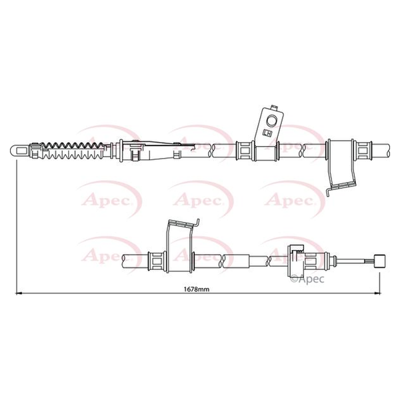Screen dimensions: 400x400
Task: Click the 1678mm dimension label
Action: (x=197, y=289)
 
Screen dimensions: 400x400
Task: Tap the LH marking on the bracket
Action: (x=267, y=133)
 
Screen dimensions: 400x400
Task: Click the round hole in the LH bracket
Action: (x=271, y=121)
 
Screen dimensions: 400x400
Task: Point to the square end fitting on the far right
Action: (x=379, y=261)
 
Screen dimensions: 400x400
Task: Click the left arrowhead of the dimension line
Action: (x=19, y=293)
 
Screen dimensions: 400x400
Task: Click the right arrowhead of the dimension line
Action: (x=377, y=293)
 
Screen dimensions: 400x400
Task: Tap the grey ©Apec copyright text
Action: (x=307, y=279)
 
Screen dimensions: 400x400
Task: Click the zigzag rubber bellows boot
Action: (x=73, y=151)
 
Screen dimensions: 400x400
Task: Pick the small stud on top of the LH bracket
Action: (x=275, y=107)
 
